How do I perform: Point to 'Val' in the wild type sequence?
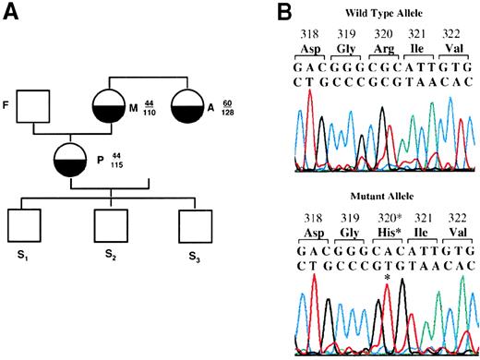click(x=461, y=48)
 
